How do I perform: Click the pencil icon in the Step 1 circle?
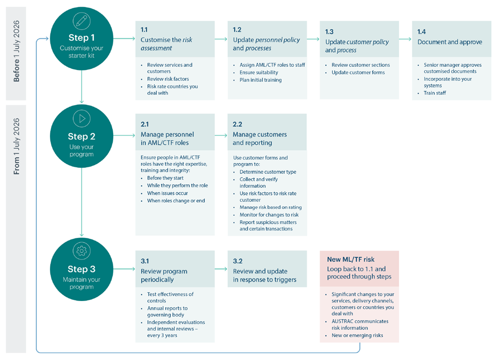[x=82, y=21]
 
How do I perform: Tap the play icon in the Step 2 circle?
[x=82, y=119]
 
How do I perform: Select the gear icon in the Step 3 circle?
[x=82, y=251]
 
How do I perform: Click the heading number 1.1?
[x=144, y=29]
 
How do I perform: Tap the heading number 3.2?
[x=238, y=261]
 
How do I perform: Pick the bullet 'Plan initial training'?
[x=261, y=80]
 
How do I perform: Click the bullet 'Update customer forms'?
[x=358, y=73]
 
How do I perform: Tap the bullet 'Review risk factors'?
[x=168, y=79]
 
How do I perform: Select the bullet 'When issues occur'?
[x=167, y=193]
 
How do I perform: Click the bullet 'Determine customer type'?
[x=268, y=172]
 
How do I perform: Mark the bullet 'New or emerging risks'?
[x=357, y=335]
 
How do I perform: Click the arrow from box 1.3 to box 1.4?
[x=405, y=38]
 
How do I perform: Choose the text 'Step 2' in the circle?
[x=82, y=136]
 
